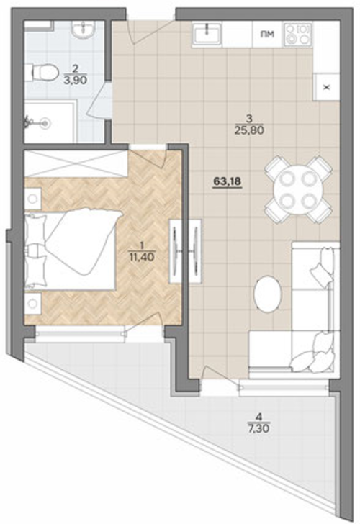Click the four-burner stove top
tap(297, 34)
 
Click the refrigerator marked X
tap(326, 87)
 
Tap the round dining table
tap(298, 190)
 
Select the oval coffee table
tap(268, 294)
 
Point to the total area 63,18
tap(228, 181)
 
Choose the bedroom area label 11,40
tap(142, 257)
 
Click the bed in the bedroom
tap(71, 249)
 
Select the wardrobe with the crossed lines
tap(76, 164)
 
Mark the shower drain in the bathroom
tap(46, 123)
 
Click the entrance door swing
tap(152, 32)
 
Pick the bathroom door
tap(100, 100)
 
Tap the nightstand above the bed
tap(32, 199)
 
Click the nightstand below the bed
tap(32, 304)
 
